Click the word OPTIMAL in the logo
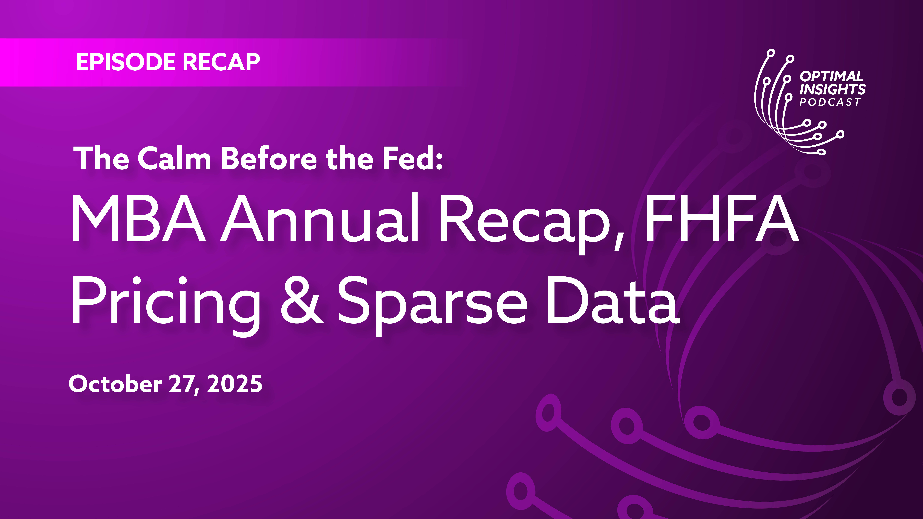pyautogui.click(x=832, y=76)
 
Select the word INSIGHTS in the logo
pyautogui.click(x=832, y=89)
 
